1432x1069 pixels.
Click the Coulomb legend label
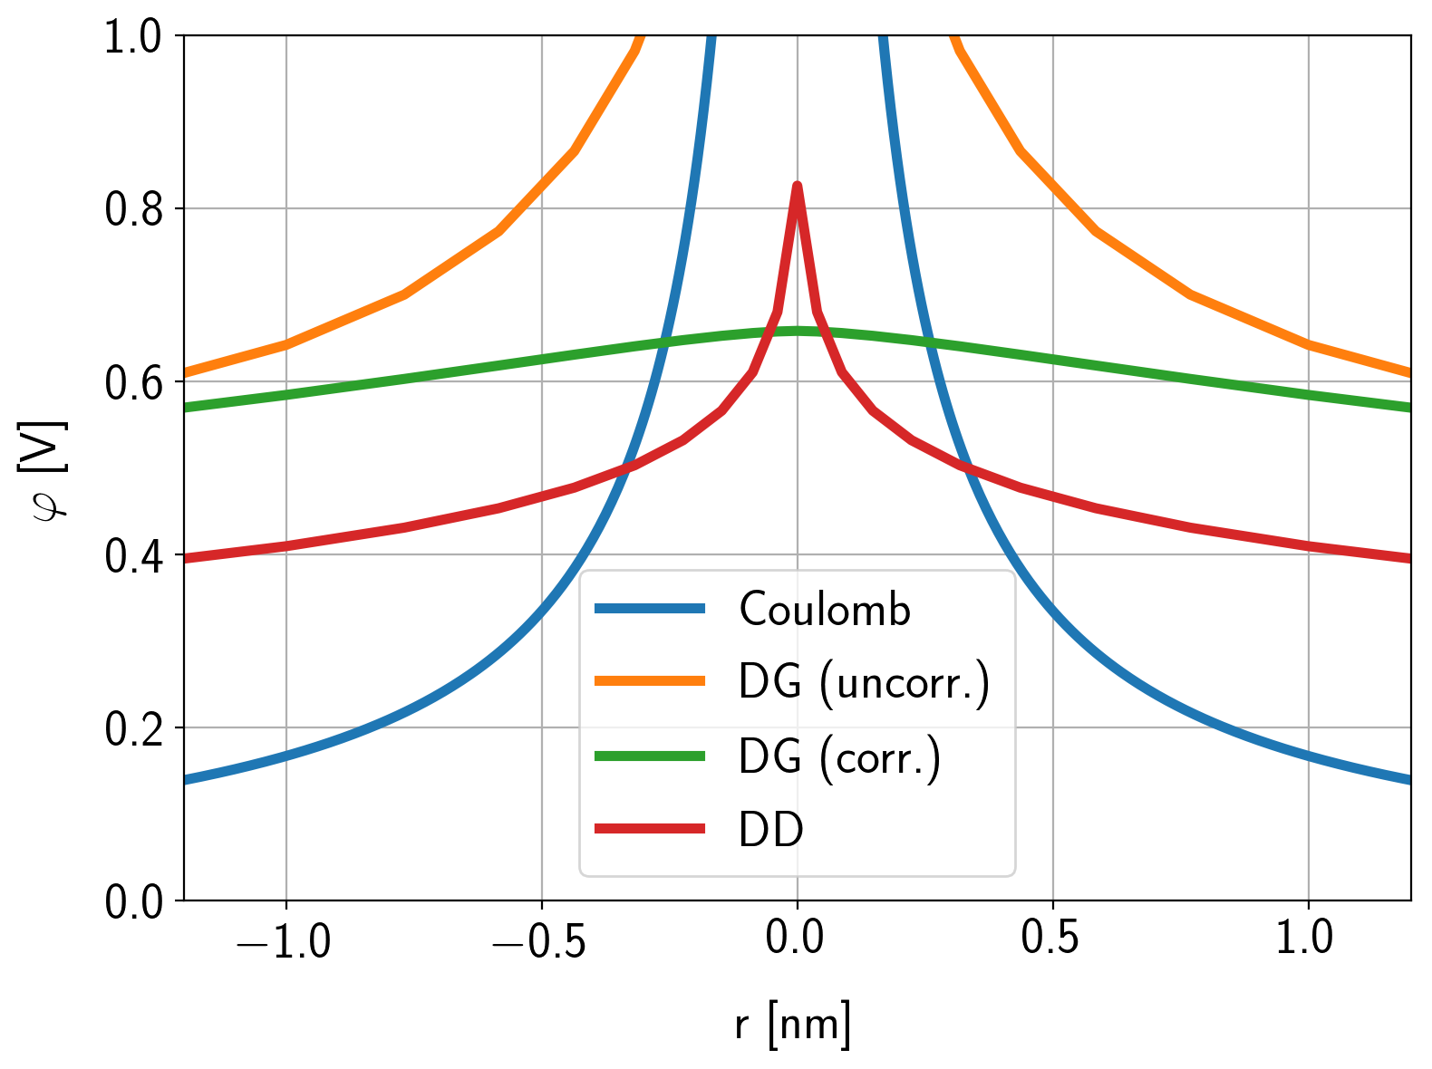pos(824,610)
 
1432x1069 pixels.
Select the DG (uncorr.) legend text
pos(865,683)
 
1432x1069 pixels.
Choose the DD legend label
pos(771,830)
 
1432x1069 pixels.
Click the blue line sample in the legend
pos(650,610)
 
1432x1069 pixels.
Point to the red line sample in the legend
pos(650,829)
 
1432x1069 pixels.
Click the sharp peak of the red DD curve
pos(798,186)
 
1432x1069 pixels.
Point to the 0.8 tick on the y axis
pos(134,209)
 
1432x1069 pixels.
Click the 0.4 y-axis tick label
pos(134,555)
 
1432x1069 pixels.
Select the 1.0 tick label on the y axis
pos(134,37)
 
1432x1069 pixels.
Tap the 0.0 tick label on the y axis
pos(134,902)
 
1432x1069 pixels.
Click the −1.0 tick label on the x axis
pos(284,939)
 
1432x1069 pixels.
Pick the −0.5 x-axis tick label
pos(539,939)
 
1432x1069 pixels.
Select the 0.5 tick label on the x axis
pos(1051,939)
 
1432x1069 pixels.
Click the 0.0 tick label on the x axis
pos(796,939)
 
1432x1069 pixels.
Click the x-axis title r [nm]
pos(794,1025)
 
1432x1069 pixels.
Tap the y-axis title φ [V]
pos(50,470)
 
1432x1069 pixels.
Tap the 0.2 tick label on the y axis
pos(134,729)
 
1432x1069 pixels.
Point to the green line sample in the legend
pos(650,756)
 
